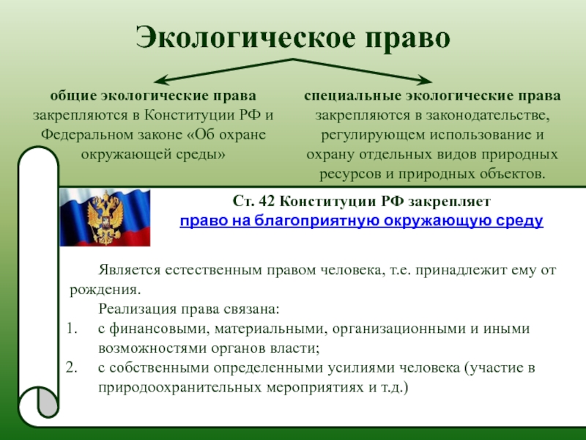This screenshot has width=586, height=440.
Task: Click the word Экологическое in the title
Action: pos(245,38)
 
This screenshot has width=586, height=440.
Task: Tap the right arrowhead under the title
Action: pos(426,80)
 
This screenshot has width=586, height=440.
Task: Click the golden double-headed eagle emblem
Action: pos(105,218)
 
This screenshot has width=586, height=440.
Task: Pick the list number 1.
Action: pos(72,329)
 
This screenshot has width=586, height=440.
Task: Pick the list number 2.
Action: pos(71,368)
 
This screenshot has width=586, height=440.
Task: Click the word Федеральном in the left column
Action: pos(86,135)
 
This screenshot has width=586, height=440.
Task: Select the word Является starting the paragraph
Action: pos(130,270)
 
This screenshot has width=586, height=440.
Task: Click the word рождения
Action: pos(105,290)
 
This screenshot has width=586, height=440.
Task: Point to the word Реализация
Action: pos(137,309)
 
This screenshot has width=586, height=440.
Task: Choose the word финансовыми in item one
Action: pos(156,329)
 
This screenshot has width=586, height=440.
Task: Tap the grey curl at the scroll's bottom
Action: pos(48,401)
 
